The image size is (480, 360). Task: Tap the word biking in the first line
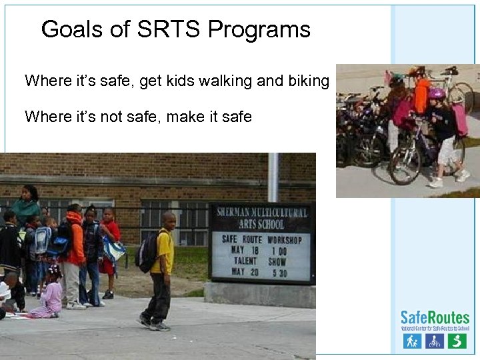[x=309, y=81]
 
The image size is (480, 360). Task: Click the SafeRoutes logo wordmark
[x=435, y=317]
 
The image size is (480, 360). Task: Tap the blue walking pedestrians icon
[x=413, y=341]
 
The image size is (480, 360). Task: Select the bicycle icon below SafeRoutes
[x=435, y=341]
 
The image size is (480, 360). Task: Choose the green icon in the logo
[x=457, y=341]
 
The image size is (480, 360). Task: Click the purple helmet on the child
[x=437, y=94]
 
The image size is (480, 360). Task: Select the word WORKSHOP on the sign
[x=284, y=239]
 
